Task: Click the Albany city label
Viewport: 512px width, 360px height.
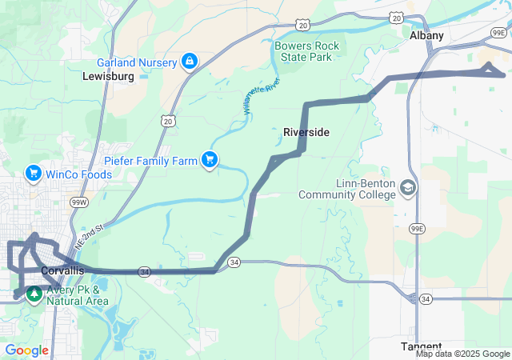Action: (426, 36)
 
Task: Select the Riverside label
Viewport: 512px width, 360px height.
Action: (306, 132)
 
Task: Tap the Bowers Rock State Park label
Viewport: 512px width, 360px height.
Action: (306, 52)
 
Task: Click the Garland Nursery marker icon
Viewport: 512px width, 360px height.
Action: (190, 61)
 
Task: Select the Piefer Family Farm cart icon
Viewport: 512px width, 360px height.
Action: (210, 160)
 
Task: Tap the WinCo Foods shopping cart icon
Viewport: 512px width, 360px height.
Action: (33, 173)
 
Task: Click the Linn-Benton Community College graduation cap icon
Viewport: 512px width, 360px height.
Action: (408, 188)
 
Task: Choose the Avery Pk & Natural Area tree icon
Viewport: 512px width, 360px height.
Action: (34, 294)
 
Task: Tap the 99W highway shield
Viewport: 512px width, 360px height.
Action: (79, 203)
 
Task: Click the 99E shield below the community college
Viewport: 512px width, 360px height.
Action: (415, 228)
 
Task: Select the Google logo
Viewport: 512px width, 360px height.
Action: (26, 350)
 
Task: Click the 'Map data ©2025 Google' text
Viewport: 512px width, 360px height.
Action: (462, 354)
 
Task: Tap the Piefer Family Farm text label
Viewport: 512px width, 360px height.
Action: (150, 161)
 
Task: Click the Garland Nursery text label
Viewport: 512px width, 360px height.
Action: (136, 62)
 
